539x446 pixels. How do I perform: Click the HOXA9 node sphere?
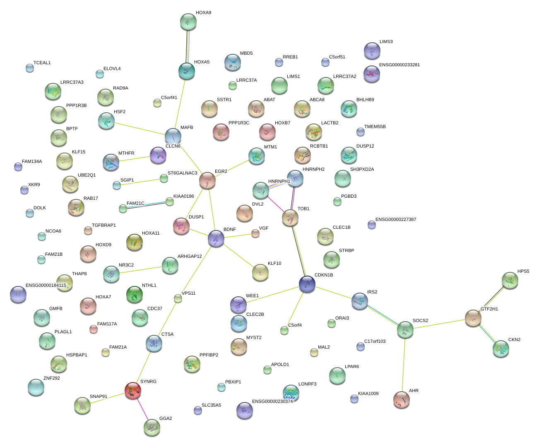[x=188, y=22]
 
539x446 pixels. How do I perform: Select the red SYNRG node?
[x=133, y=390]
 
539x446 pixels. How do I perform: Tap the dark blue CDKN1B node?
[x=307, y=284]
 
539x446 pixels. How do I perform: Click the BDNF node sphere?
[x=216, y=238]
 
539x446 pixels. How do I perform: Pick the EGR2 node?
[x=207, y=180]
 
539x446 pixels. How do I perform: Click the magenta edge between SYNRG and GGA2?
[x=142, y=408]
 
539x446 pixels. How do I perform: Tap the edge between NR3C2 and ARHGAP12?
[x=140, y=270]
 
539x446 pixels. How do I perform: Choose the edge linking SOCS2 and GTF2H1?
[x=439, y=324]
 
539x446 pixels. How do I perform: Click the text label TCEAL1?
[x=42, y=63]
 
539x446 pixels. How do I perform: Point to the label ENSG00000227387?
[x=396, y=220]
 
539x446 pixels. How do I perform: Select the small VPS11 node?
[x=178, y=298]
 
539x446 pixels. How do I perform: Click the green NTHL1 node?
[x=135, y=295]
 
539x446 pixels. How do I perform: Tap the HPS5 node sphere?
[x=510, y=281]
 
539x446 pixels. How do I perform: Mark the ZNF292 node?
[x=36, y=387]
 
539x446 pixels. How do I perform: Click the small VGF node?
[x=255, y=234]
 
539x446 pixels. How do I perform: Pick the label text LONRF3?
[x=307, y=384]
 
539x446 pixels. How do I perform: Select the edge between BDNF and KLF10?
[x=238, y=255]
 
